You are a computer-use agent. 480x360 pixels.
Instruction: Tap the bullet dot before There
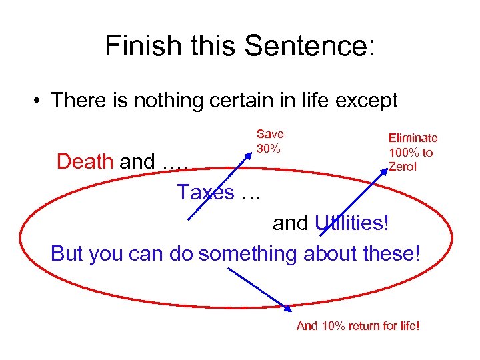coord(39,101)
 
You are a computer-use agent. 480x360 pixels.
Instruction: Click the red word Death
coord(85,161)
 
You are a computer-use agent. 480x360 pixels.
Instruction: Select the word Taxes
coord(206,193)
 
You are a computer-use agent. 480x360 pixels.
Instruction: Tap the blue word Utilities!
coord(351,223)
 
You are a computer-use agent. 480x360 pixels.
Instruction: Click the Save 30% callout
coord(269,141)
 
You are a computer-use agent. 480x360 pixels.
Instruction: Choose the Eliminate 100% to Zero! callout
coord(413,151)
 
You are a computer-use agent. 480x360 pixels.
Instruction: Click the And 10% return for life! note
coord(357,326)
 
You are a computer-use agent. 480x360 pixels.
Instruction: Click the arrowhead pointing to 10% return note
coord(289,307)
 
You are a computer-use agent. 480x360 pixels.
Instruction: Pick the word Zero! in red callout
coord(403,166)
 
